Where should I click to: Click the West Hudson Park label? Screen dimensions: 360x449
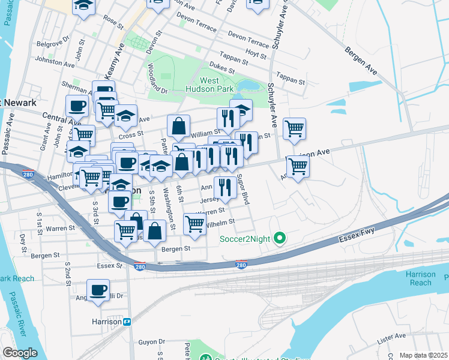[217, 85]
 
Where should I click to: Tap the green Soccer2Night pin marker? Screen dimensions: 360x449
[279, 239]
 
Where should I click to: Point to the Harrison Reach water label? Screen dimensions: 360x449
[420, 278]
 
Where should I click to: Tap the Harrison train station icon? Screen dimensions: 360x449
[127, 322]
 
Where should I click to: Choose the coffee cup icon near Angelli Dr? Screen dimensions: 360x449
[98, 290]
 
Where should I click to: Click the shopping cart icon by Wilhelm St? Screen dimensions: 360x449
[194, 224]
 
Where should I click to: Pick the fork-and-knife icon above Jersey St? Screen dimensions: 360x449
[225, 187]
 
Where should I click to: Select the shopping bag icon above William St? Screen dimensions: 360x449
[179, 126]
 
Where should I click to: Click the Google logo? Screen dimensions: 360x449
[20, 352]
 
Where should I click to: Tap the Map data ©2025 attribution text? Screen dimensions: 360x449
[423, 355]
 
